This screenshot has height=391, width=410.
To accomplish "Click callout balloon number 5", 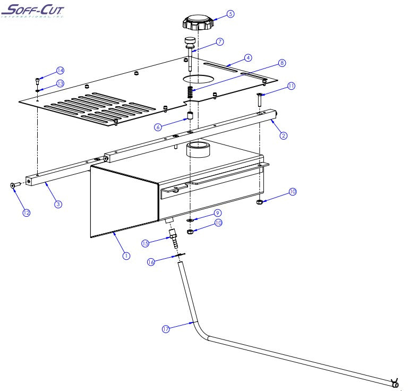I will pyautogui.click(x=230, y=14).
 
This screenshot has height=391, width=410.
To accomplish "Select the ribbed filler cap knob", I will pyautogui.click(x=198, y=22).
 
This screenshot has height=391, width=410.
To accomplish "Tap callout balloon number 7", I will pyautogui.click(x=219, y=41).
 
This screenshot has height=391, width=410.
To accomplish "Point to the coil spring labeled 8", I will pyautogui.click(x=191, y=92).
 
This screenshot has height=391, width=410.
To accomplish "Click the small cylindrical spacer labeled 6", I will pyautogui.click(x=189, y=116).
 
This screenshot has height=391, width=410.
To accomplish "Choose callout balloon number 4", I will pyautogui.click(x=247, y=57).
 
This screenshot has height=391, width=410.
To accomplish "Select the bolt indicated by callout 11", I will pyautogui.click(x=259, y=99).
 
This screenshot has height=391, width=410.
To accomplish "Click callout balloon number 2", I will pyautogui.click(x=284, y=135).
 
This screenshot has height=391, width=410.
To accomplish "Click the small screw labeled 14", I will pyautogui.click(x=37, y=81).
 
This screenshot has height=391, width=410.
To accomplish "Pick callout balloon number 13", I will pyautogui.click(x=60, y=83).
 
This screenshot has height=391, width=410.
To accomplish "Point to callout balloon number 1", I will pyautogui.click(x=126, y=255).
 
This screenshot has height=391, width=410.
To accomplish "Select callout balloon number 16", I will pyautogui.click(x=151, y=262).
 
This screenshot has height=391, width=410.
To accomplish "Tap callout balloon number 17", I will pyautogui.click(x=165, y=329).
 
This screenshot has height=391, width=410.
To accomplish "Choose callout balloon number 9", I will pyautogui.click(x=217, y=213).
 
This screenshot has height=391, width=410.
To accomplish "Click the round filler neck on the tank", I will pyautogui.click(x=198, y=149).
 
